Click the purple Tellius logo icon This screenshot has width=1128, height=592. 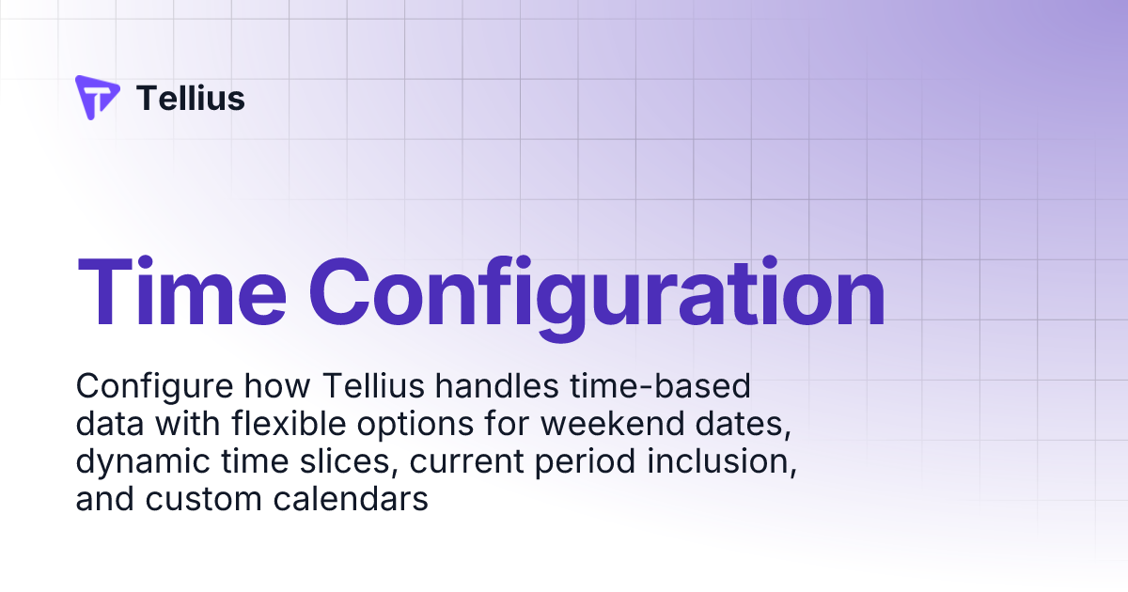click(97, 98)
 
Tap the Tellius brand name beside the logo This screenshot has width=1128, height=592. click(191, 98)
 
